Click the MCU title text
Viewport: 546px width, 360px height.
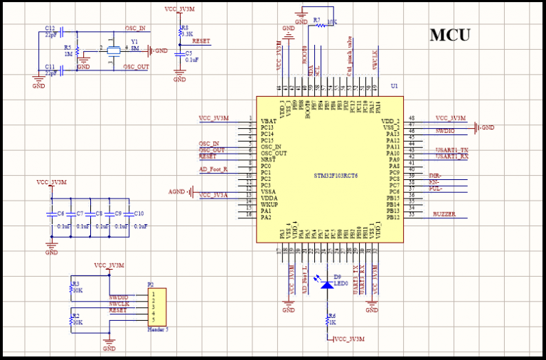point(449,35)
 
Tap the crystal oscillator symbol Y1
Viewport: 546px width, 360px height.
point(112,50)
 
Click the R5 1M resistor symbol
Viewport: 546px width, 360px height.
point(77,53)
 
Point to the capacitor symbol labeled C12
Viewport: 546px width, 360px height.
point(61,32)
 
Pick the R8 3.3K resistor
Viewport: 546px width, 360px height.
point(180,34)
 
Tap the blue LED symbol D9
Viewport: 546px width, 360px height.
point(327,285)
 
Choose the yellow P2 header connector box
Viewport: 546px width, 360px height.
point(158,305)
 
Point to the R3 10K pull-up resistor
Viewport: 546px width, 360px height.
point(70,287)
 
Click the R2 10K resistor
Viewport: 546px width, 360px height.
point(70,318)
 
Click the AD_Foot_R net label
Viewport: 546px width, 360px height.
point(213,169)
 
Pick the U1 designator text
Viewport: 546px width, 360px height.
point(394,86)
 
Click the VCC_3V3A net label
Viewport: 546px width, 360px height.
point(214,194)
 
